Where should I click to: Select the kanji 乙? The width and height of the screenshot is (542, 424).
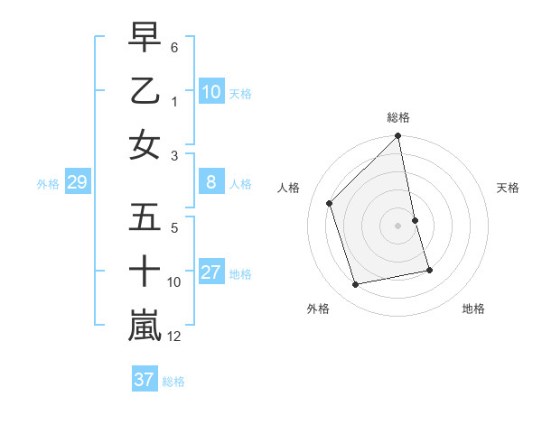coord(145,91)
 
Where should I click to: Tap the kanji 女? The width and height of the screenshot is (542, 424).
coord(145,145)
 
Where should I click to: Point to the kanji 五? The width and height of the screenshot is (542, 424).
coord(145,217)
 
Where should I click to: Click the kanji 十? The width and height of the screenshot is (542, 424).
coord(145,272)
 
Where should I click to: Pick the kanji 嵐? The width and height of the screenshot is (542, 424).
coord(145,326)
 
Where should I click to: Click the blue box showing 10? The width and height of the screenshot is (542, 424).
coord(211,92)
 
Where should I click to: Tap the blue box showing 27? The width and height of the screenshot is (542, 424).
coord(211,272)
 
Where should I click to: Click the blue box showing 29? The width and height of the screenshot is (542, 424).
coord(77,183)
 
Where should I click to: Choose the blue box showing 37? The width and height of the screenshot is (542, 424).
coord(145,380)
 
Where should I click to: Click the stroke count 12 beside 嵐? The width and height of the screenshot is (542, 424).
coord(175,336)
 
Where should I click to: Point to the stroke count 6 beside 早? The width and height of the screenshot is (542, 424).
coord(174,47)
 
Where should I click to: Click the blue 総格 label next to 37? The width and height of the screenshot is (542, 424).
coord(173,382)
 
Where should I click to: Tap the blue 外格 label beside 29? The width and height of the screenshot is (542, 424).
coord(48,184)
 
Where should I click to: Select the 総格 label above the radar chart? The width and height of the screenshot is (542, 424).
coord(398,117)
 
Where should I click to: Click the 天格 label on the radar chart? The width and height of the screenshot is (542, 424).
coord(508,188)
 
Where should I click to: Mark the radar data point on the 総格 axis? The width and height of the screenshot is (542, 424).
coord(398,137)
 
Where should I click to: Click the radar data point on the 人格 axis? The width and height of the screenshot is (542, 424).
coord(330,203)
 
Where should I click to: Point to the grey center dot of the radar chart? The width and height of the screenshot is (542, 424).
coord(398,226)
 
